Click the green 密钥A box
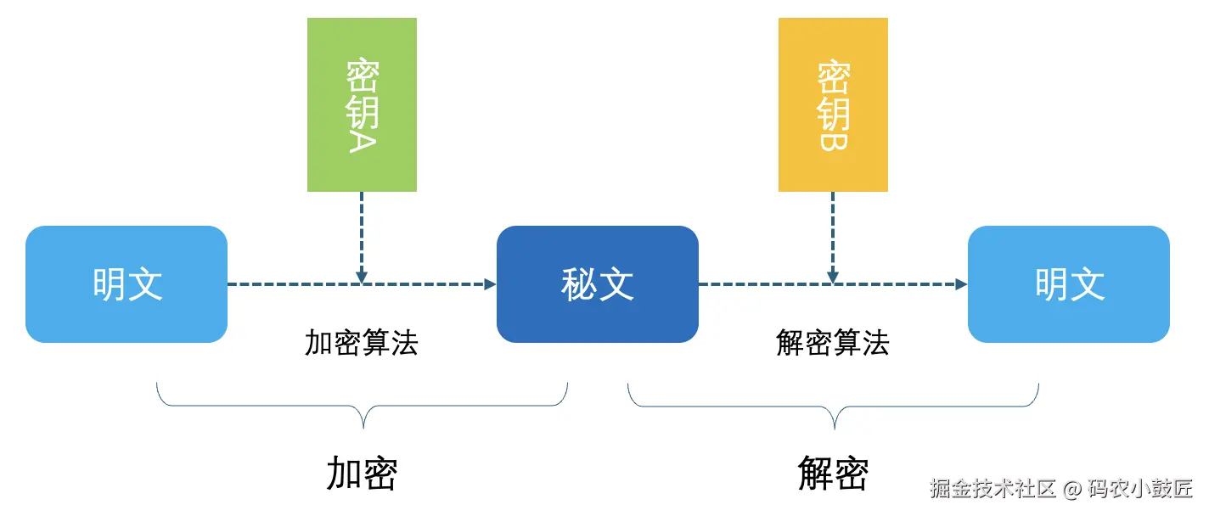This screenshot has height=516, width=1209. [362, 104]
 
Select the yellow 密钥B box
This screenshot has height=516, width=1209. [833, 104]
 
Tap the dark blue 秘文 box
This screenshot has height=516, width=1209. [598, 284]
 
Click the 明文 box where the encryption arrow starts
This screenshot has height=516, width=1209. [127, 284]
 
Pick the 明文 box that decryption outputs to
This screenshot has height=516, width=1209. [1069, 284]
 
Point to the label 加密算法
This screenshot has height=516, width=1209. [362, 343]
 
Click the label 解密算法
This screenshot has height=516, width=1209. [833, 343]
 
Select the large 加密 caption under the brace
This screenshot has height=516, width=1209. [362, 474]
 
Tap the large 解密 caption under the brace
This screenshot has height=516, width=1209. [833, 474]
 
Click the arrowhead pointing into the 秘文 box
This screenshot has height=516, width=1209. [491, 284]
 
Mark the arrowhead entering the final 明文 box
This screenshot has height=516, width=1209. [962, 284]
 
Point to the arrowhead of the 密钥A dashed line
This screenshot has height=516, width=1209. [362, 278]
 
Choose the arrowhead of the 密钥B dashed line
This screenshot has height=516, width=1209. [833, 278]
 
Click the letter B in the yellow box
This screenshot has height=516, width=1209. [833, 139]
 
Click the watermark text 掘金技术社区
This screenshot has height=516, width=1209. [993, 489]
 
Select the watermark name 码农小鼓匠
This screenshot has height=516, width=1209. [1141, 489]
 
